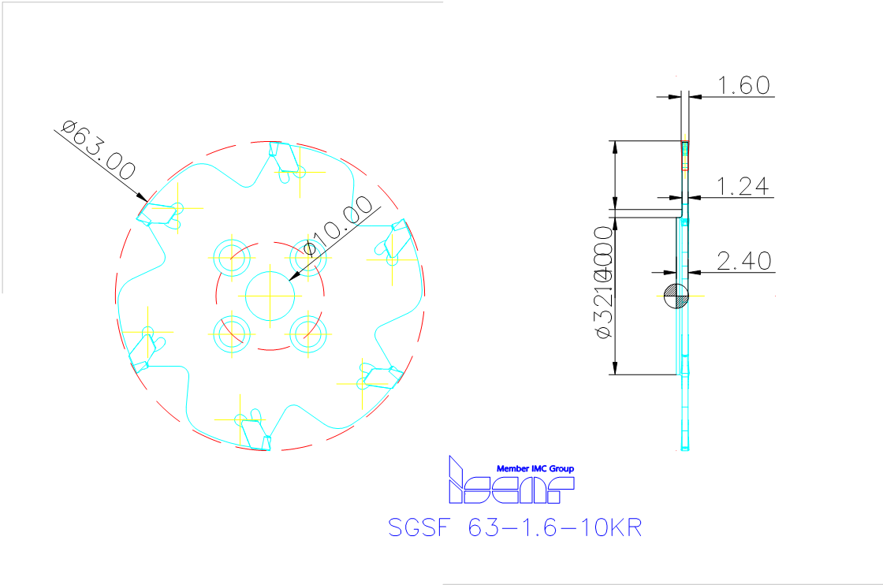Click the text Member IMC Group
click(535, 468)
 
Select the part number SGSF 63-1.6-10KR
click(516, 527)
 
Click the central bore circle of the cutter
click(270, 296)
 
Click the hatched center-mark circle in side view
click(676, 296)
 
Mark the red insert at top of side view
click(685, 155)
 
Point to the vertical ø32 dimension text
click(605, 284)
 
